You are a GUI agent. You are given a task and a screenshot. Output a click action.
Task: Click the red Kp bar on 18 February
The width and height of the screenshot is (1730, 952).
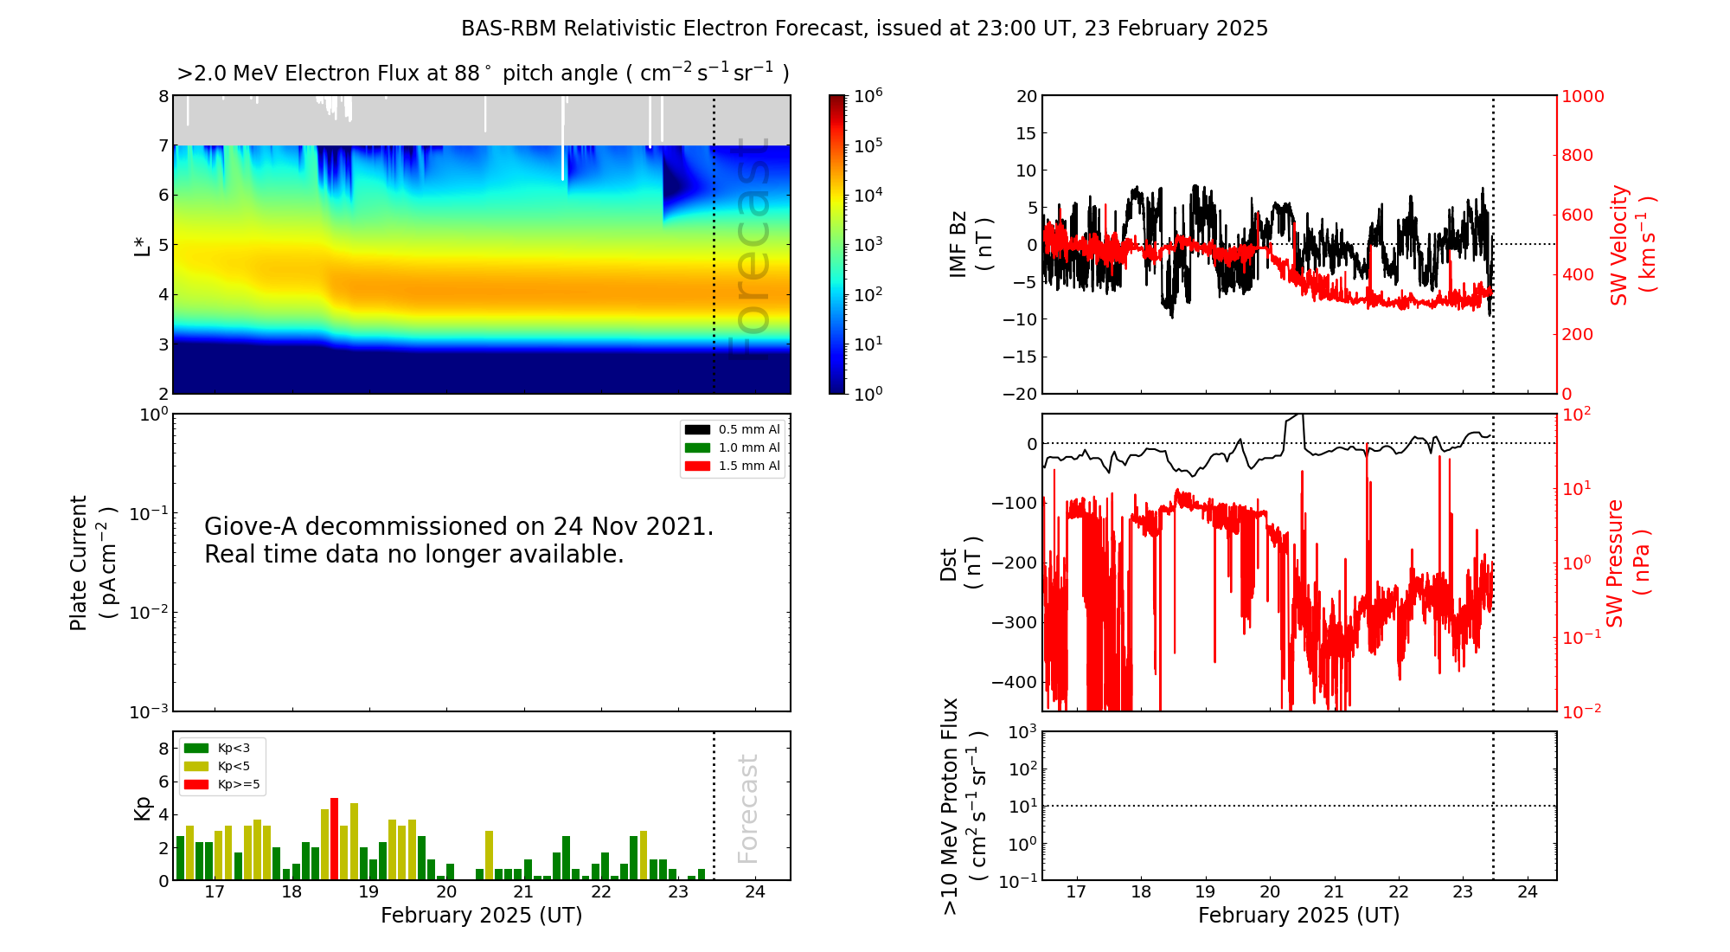(x=334, y=838)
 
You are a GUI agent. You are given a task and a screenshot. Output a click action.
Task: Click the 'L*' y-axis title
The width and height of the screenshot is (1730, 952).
(x=143, y=245)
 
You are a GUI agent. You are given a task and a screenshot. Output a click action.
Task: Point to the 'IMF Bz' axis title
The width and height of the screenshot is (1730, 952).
(x=958, y=244)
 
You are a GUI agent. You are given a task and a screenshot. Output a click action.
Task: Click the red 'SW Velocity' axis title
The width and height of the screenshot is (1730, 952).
(x=1619, y=245)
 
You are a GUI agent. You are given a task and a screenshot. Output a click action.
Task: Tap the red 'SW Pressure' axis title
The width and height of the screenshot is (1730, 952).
(x=1616, y=563)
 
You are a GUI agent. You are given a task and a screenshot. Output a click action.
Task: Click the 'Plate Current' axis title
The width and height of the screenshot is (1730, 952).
(x=79, y=563)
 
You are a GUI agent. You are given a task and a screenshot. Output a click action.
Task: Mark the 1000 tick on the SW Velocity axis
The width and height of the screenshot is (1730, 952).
(x=1582, y=96)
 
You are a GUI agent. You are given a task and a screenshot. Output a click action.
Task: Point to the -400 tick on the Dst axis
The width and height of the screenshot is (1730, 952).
(x=1014, y=682)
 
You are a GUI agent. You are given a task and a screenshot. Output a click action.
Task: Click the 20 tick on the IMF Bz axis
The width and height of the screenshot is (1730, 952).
(x=1026, y=96)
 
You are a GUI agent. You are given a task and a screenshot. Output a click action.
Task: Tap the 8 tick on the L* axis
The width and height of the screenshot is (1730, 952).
(x=163, y=96)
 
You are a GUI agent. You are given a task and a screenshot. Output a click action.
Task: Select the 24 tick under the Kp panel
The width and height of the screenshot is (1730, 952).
(x=755, y=892)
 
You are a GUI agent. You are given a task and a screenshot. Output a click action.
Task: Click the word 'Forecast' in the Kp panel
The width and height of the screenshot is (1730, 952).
(x=748, y=808)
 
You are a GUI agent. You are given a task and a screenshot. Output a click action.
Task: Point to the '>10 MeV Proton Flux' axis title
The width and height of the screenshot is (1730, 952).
(x=951, y=806)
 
